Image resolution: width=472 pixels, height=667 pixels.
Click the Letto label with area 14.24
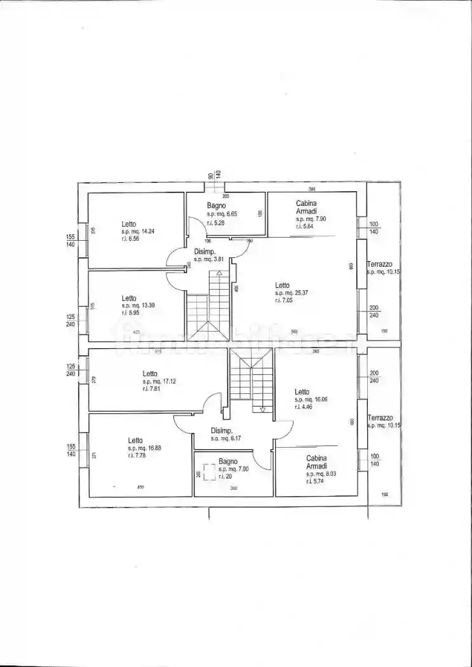(129, 224)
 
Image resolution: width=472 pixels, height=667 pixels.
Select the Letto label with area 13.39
(130, 298)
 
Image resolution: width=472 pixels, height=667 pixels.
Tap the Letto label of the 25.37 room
(283, 285)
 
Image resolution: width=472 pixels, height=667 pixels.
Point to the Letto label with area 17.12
(150, 374)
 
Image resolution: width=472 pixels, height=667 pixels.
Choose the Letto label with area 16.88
(135, 440)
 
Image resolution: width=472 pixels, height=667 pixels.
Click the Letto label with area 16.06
(302, 392)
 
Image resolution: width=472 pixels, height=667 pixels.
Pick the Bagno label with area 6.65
(216, 206)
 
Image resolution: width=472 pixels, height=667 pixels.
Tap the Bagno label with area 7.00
(228, 461)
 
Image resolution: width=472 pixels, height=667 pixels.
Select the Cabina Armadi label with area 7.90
(306, 207)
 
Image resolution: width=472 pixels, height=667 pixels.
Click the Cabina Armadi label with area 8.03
(316, 462)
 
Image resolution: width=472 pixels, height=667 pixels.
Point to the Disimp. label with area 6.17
(222, 430)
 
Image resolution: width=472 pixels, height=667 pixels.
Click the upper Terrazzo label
(380, 264)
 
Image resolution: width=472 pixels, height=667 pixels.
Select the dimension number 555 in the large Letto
(295, 332)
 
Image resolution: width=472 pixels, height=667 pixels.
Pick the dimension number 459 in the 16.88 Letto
(140, 487)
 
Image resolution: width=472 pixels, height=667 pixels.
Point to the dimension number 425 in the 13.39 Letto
(136, 332)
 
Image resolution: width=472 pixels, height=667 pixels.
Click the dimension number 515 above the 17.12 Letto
(159, 352)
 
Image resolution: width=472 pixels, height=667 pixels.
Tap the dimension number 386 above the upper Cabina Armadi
(312, 189)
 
